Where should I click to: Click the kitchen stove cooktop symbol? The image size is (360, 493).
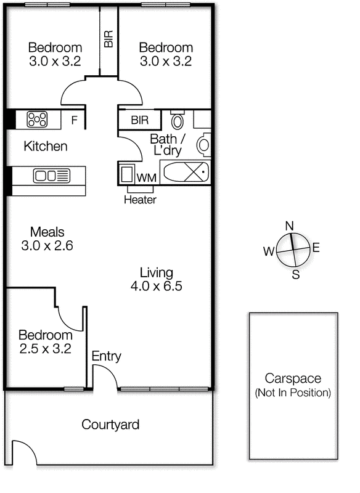pos(37,119)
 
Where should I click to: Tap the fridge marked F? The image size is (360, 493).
pos(74,120)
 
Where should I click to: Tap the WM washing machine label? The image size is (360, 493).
pos(146,177)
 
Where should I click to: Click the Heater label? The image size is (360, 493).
pos(140,200)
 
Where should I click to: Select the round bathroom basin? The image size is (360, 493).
pos(203,145)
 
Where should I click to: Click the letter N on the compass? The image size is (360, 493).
pos(288,226)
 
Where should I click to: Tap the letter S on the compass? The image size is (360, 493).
pos(295,275)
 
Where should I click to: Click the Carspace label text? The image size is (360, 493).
pos(293,378)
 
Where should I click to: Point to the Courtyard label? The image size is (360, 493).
pos(110,425)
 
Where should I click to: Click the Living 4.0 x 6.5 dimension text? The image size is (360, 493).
pos(156,286)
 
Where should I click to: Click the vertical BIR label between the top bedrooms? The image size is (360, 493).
pos(109,40)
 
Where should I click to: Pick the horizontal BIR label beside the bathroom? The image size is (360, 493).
pos(139,120)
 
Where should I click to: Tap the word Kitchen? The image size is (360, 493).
pos(46,147)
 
